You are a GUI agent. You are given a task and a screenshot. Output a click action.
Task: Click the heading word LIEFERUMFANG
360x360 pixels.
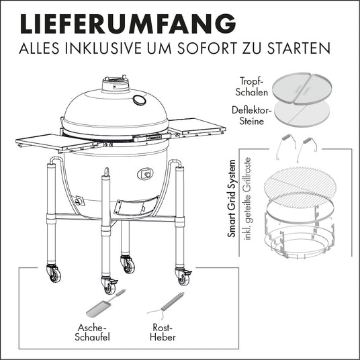point(128,24)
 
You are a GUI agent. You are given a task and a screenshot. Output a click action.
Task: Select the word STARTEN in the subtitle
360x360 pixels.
point(299,48)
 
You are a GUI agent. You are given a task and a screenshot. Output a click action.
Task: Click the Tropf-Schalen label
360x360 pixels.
point(252,87)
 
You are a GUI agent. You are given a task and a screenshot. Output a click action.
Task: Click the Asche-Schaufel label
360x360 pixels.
point(92,332)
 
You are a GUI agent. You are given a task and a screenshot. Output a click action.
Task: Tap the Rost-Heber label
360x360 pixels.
point(163,332)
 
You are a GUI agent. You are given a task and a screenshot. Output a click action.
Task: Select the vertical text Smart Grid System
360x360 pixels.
point(232,199)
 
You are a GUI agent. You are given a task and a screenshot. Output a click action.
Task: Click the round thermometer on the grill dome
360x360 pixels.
point(139,100)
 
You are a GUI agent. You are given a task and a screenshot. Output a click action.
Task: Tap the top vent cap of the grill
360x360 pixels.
point(115,83)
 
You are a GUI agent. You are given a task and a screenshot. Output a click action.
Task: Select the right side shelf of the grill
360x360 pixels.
point(197,127)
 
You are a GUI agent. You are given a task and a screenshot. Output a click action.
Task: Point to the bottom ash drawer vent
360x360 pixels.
point(136,206)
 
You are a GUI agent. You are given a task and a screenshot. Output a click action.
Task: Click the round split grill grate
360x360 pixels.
point(300,186)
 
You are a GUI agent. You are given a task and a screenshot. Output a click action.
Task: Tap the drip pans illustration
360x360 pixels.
point(302,89)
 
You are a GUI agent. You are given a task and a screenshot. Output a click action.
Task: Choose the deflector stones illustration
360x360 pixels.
point(302,114)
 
